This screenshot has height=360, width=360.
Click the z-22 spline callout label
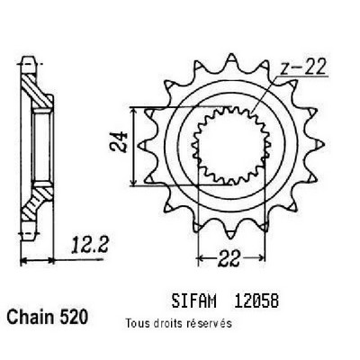click(x=302, y=67)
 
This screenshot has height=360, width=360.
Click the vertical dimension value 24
click(x=119, y=141)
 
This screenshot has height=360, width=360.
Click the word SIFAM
click(x=193, y=301)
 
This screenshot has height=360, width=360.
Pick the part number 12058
click(x=256, y=301)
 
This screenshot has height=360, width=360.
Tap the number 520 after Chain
click(x=74, y=317)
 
